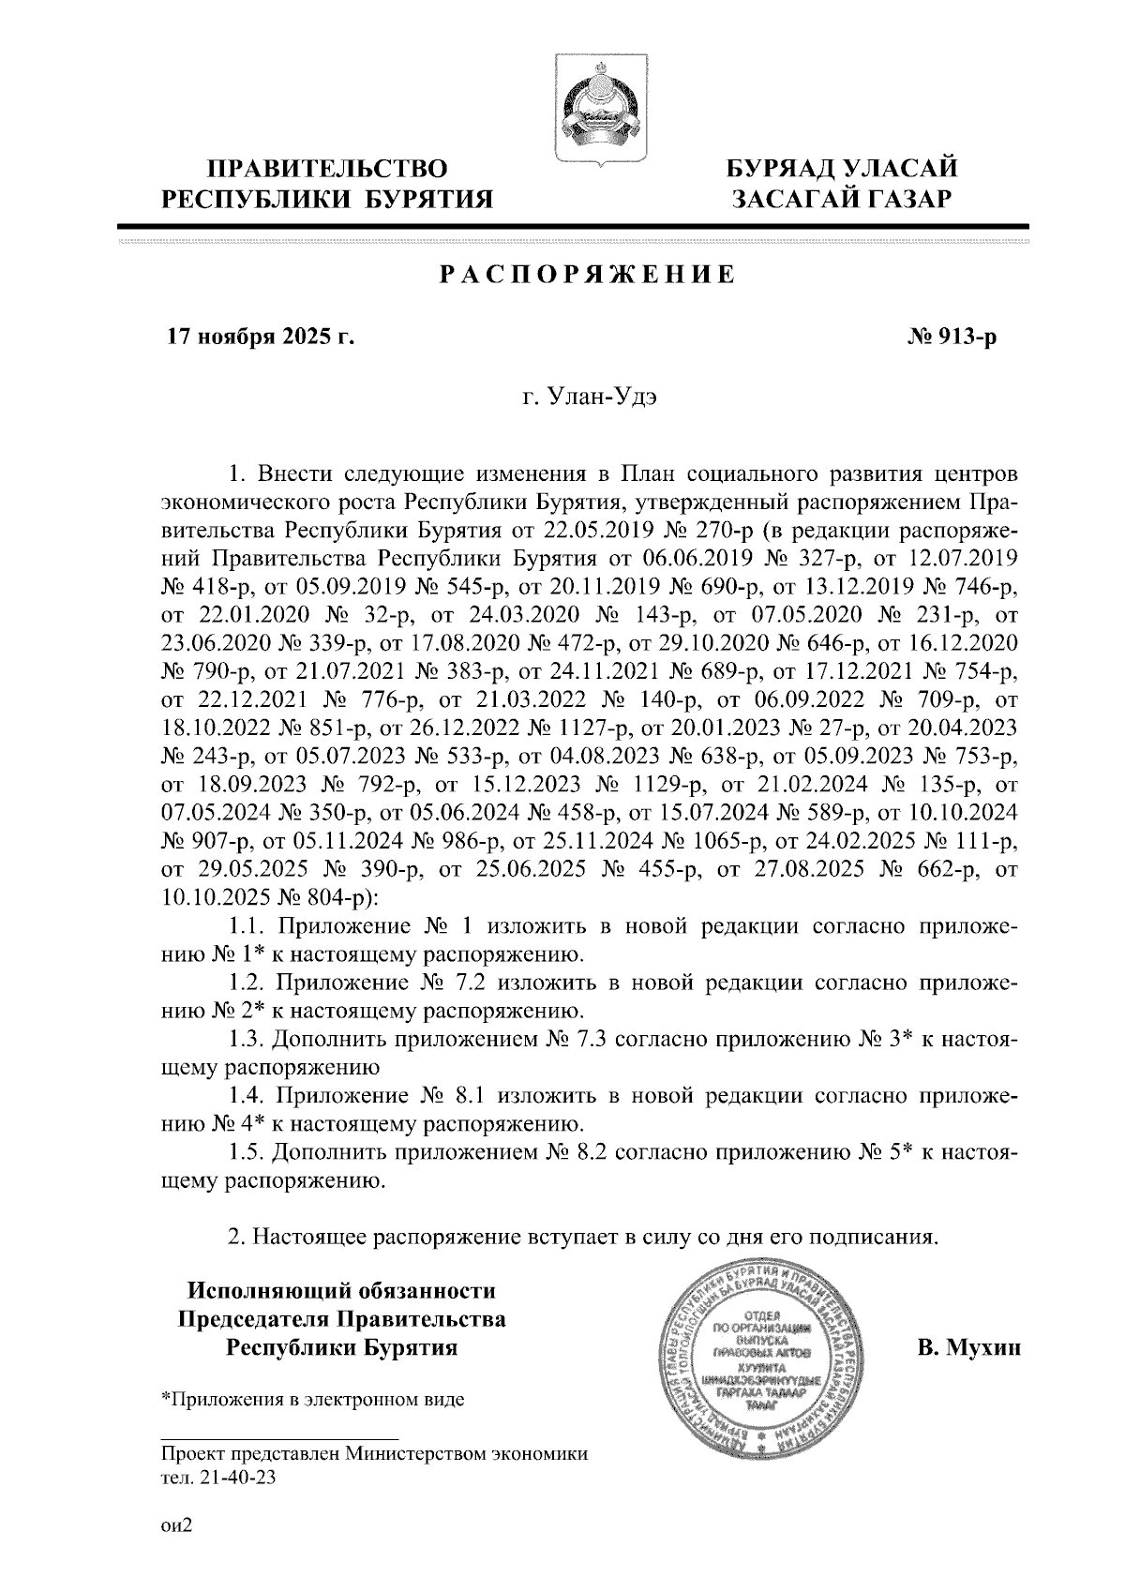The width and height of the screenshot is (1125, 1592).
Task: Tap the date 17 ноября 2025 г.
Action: (261, 336)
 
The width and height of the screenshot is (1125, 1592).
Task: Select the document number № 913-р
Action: (950, 336)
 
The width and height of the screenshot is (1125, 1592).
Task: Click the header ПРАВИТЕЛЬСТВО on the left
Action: (327, 171)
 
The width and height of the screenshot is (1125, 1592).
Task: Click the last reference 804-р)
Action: (342, 898)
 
